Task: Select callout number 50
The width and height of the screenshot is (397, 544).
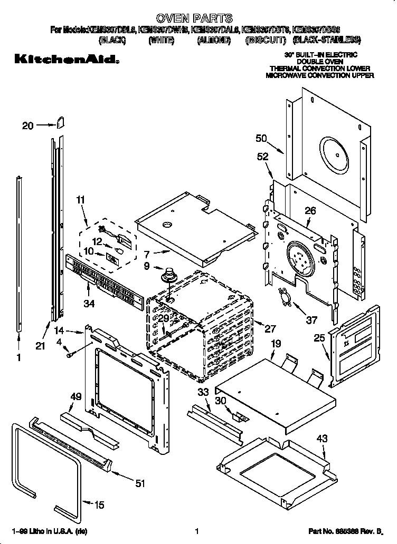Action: click(x=261, y=138)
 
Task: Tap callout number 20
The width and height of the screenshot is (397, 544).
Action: click(x=28, y=125)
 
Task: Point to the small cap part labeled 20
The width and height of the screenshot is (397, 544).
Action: click(x=60, y=123)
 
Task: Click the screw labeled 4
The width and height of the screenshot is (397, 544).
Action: click(x=70, y=355)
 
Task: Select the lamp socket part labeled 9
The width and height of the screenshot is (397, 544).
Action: click(x=169, y=275)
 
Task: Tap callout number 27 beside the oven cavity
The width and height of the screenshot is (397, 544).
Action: click(x=270, y=329)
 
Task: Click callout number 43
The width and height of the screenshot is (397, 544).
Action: click(x=322, y=439)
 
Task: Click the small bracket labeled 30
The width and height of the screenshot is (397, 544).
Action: click(x=239, y=416)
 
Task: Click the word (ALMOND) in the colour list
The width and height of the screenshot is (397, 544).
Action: click(x=213, y=40)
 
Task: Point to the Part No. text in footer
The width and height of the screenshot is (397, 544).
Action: click(x=344, y=532)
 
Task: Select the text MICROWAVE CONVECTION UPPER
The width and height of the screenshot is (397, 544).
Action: click(x=319, y=75)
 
